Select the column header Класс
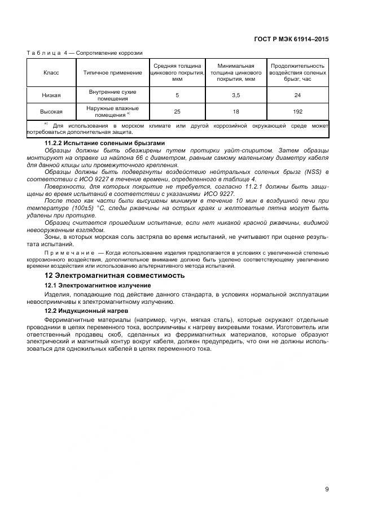[51, 73]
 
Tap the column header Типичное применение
[113, 73]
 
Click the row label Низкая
[51, 95]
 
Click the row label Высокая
[51, 112]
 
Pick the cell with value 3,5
[236, 95]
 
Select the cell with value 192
[297, 112]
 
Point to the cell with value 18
[236, 112]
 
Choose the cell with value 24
[297, 95]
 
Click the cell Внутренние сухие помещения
[113, 95]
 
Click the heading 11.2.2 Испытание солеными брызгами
[104, 143]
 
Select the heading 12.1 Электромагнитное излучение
[98, 286]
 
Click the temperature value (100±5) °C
[91, 208]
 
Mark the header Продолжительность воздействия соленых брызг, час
[297, 73]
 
